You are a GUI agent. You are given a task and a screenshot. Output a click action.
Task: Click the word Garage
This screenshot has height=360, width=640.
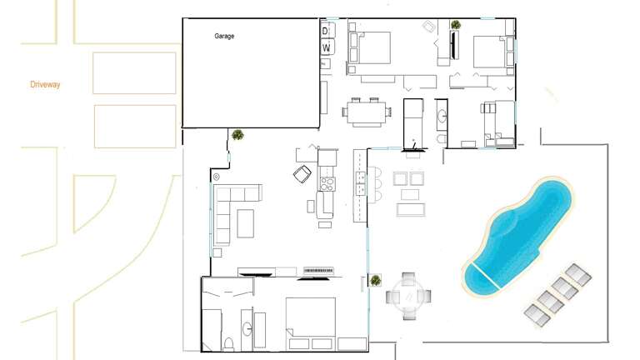224,36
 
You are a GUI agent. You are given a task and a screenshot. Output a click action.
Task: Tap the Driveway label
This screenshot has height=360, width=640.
45,84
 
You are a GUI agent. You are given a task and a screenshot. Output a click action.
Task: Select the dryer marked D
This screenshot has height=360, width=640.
327,30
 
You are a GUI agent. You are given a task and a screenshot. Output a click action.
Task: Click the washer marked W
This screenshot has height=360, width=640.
327,47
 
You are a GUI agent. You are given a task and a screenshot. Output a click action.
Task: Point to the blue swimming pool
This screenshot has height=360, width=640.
517,236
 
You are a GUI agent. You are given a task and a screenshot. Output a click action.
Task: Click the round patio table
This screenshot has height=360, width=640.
408,297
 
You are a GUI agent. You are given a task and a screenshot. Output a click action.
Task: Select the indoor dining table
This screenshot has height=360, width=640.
367,112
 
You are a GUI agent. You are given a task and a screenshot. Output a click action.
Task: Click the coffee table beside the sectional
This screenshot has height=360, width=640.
245,223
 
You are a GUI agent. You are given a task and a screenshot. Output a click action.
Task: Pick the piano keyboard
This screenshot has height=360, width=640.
318,271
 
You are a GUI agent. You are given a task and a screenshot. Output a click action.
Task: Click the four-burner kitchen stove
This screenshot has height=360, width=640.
327,184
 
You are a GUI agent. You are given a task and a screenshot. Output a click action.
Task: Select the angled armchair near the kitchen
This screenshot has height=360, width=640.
302,174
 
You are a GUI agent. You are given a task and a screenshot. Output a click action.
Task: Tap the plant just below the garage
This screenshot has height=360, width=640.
237,135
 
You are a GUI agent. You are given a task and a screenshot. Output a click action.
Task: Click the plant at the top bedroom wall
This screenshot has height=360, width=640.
456,25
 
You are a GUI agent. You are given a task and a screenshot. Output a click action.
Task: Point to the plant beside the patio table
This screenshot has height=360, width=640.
376,280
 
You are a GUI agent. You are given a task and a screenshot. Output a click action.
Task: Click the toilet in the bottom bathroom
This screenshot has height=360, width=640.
228,345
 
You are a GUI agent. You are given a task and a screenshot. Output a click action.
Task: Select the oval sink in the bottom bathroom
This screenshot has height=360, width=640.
247,329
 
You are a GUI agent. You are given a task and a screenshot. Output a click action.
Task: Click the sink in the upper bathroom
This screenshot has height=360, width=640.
442,117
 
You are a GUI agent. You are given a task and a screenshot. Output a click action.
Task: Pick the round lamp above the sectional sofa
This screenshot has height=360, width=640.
217,177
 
